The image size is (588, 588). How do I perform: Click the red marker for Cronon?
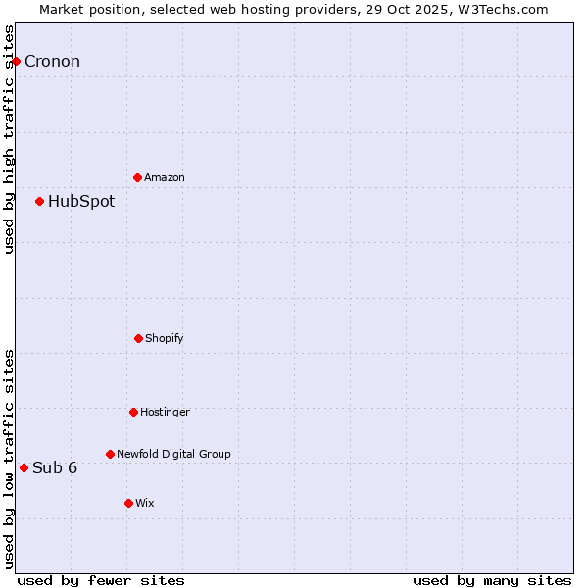pyautogui.click(x=16, y=61)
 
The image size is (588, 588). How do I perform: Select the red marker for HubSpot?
pyautogui.click(x=39, y=201)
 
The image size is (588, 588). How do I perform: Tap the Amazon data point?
pyautogui.click(x=137, y=177)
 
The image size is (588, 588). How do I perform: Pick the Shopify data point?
pyautogui.click(x=138, y=338)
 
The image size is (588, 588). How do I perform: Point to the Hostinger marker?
pyautogui.click(x=133, y=412)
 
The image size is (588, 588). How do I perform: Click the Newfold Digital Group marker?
pyautogui.click(x=110, y=454)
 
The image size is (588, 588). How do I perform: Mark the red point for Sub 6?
pyautogui.click(x=24, y=467)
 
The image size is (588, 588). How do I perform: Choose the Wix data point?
pyautogui.click(x=128, y=503)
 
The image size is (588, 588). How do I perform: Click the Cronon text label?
pyautogui.click(x=52, y=61)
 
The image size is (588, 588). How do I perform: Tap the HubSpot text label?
pyautogui.click(x=81, y=201)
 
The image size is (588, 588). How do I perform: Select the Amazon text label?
pyautogui.click(x=165, y=177)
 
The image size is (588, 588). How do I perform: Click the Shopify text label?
pyautogui.click(x=165, y=338)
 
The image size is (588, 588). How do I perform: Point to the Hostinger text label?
pyautogui.click(x=165, y=412)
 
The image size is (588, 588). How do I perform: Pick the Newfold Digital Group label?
pyautogui.click(x=173, y=454)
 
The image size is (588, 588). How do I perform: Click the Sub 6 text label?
pyautogui.click(x=55, y=467)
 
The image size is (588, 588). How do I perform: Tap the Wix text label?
pyautogui.click(x=145, y=503)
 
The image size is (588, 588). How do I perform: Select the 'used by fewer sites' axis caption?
pyautogui.click(x=101, y=580)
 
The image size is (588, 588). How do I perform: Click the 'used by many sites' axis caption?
pyautogui.click(x=492, y=580)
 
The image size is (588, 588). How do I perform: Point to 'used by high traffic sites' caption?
pyautogui.click(x=9, y=139)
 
